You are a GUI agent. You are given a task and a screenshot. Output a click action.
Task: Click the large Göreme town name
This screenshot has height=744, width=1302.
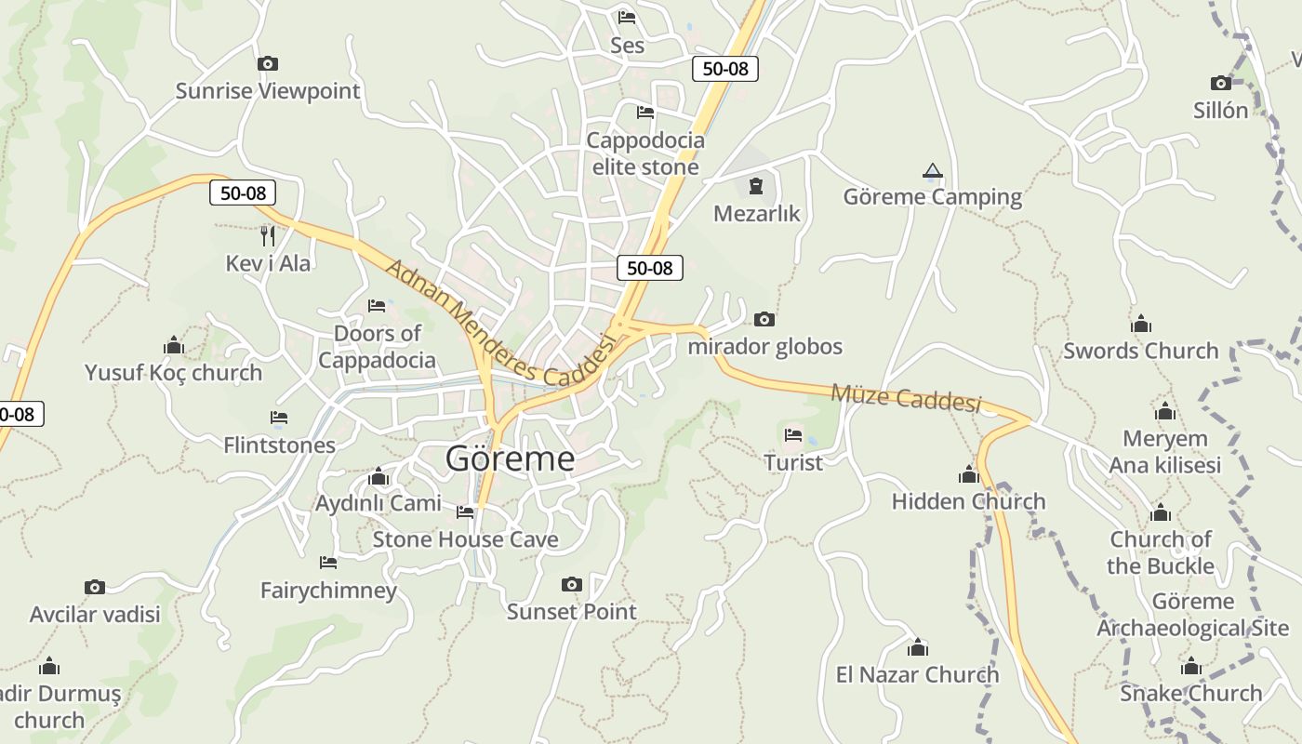(510, 458)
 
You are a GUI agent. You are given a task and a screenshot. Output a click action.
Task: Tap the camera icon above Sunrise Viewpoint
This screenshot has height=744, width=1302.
(268, 63)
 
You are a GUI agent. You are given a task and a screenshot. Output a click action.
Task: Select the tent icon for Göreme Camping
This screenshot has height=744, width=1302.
(933, 170)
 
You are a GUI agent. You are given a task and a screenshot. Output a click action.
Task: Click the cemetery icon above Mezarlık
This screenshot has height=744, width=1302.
(756, 185)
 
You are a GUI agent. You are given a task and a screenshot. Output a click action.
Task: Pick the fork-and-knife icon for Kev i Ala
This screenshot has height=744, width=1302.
(268, 235)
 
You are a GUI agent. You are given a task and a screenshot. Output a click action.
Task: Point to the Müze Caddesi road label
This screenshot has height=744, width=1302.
(906, 397)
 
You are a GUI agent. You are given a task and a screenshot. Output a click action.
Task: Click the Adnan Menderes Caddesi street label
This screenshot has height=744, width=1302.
(501, 325)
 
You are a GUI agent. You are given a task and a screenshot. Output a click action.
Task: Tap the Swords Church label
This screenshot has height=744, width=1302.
(1140, 351)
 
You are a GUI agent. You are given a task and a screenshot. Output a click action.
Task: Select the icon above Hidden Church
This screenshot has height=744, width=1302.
(969, 475)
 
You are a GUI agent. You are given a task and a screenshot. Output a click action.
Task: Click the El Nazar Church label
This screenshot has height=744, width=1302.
(917, 674)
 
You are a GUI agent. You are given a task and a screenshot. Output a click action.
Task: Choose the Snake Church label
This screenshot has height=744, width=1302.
(1190, 693)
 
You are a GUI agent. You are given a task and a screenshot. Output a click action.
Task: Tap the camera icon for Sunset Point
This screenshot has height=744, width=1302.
(572, 584)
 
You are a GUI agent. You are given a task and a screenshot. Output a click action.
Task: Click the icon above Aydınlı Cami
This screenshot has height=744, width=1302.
(379, 477)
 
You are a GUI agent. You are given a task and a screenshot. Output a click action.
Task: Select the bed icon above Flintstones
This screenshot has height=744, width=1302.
(279, 418)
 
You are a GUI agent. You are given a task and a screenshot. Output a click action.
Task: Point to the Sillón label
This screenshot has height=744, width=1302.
(1220, 110)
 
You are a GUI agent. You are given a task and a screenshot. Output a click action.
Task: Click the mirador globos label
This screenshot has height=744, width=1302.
(764, 346)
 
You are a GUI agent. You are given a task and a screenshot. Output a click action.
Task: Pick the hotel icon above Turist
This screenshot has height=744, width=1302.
(793, 434)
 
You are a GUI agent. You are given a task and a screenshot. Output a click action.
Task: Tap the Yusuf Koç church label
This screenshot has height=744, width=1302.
(173, 373)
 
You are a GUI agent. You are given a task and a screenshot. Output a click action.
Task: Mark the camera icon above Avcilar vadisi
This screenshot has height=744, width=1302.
(95, 587)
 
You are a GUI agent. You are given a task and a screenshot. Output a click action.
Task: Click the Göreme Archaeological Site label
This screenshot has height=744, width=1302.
(1192, 615)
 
